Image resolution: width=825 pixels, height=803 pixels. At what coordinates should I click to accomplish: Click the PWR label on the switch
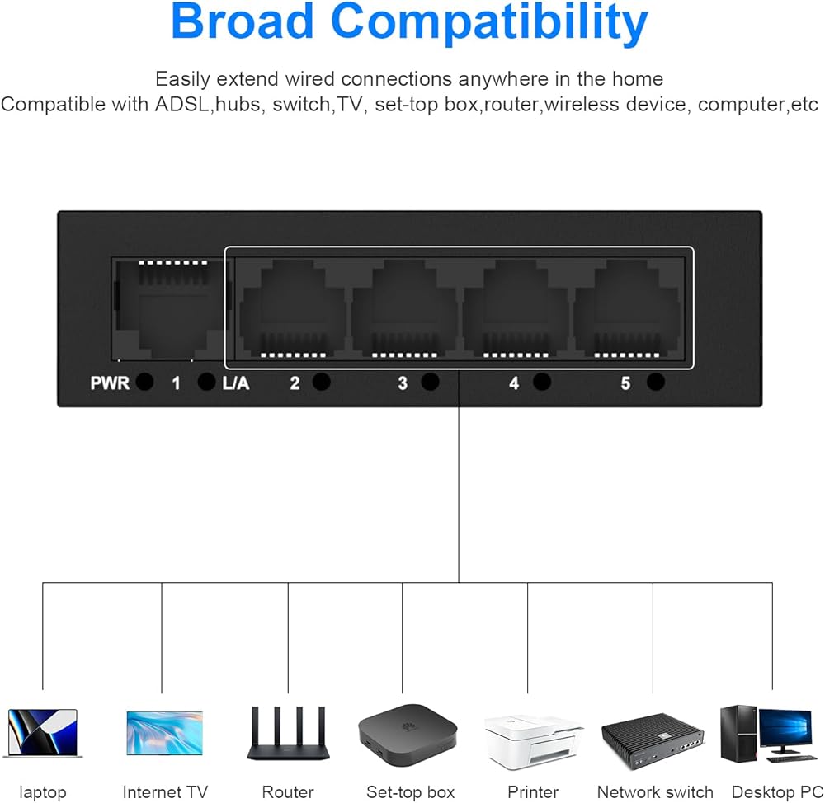pyautogui.click(x=110, y=383)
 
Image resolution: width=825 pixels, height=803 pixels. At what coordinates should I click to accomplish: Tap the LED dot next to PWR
pyautogui.click(x=144, y=382)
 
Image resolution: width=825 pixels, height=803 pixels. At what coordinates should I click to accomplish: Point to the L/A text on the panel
pyautogui.click(x=235, y=383)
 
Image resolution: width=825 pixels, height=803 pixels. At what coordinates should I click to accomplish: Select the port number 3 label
pyautogui.click(x=403, y=383)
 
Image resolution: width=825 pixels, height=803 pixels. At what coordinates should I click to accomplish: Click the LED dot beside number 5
pyautogui.click(x=656, y=382)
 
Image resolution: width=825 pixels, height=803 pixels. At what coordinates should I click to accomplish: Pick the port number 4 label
pyautogui.click(x=514, y=383)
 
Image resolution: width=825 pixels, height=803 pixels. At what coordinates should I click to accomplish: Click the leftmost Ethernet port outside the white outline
pyautogui.click(x=169, y=309)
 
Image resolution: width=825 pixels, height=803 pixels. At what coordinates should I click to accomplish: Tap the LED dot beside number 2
pyautogui.click(x=322, y=382)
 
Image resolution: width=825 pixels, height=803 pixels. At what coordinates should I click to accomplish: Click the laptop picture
pyautogui.click(x=43, y=734)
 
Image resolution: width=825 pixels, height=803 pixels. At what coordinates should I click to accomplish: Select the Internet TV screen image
pyautogui.click(x=165, y=733)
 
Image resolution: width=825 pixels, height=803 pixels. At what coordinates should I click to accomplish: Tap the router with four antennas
pyautogui.click(x=288, y=733)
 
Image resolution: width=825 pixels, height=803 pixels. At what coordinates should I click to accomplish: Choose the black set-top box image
pyautogui.click(x=408, y=735)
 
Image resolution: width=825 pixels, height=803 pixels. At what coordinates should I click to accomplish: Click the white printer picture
pyautogui.click(x=533, y=741)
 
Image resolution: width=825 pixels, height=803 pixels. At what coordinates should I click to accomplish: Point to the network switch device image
pyautogui.click(x=653, y=741)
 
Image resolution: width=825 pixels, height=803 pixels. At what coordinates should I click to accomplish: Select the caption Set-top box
pyautogui.click(x=410, y=792)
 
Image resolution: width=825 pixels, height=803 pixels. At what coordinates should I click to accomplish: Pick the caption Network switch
pyautogui.click(x=655, y=792)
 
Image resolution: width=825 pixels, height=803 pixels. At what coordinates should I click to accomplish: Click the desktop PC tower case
pyautogui.click(x=738, y=733)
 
